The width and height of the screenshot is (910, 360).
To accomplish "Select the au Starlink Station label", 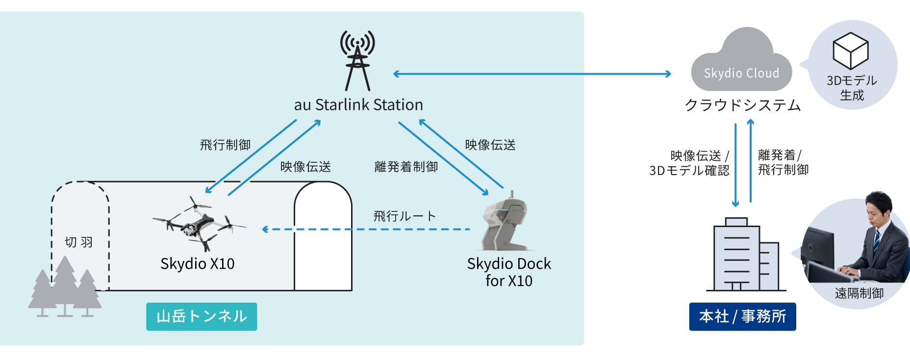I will point(358,105).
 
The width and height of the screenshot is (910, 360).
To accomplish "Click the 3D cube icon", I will point(851,51).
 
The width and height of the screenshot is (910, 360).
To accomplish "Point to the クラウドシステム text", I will point(742,105).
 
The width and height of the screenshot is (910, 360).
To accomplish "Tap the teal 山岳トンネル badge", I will point(202,316).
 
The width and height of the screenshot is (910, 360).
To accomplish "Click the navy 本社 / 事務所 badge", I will point(742,316).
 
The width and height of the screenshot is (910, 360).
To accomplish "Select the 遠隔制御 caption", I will point(859,293).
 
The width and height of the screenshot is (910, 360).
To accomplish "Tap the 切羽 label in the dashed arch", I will point(79,242).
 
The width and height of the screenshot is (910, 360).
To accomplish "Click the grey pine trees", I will point(65,287).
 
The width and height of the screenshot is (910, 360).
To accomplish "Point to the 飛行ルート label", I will point(404,216).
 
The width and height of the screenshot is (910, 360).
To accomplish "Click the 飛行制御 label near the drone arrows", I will point(225,145).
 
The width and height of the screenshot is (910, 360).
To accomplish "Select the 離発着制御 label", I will point(406,167).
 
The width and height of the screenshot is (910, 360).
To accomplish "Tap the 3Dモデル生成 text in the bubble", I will point(852,88).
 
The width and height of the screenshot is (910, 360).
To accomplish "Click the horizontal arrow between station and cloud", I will point(532,74).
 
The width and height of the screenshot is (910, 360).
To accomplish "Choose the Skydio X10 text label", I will point(198,264).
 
